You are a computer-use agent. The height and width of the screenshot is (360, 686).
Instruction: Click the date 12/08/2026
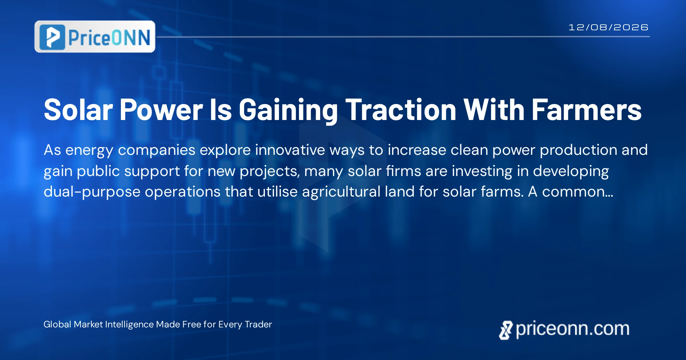(608, 27)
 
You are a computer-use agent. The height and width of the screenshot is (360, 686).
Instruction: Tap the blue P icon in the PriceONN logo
(52, 37)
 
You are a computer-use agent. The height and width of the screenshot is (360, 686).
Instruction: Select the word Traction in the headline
(401, 110)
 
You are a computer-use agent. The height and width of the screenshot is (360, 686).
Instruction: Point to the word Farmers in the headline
(587, 110)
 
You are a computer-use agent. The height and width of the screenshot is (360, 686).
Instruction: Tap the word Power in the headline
(161, 110)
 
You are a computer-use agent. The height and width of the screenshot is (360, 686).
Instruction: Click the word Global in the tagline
(57, 324)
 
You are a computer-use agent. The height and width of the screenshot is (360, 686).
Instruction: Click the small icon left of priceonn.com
(506, 330)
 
